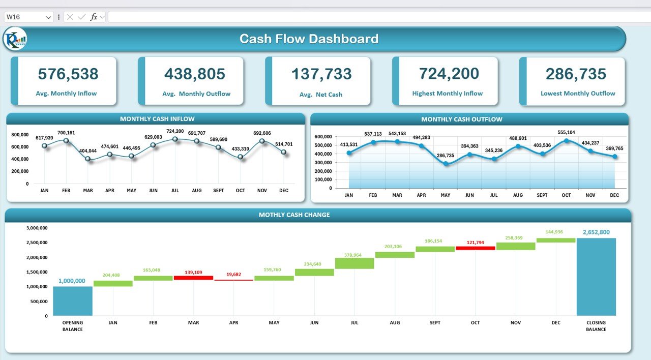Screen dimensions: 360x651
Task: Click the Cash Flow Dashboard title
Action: pos(309,39)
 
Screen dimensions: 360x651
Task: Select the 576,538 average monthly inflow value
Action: pos(68,74)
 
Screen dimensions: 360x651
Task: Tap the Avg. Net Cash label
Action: pos(321,95)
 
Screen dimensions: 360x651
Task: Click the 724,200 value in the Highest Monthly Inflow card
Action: pos(449,74)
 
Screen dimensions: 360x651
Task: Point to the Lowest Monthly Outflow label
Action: pos(578,94)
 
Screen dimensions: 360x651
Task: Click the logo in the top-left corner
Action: pos(15,39)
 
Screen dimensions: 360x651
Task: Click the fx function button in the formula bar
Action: pos(94,17)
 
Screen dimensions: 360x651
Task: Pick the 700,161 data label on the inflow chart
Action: pos(66,133)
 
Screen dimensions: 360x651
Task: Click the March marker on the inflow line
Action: pos(88,159)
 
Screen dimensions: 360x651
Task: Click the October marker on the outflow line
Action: pos(566,141)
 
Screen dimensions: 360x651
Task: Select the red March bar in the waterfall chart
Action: pos(193,278)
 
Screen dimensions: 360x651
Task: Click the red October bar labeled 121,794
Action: pos(475,248)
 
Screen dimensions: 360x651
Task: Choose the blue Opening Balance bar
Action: pos(73,301)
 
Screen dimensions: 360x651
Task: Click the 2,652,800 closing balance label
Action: pos(596,232)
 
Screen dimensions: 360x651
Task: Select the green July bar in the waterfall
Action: pos(354,263)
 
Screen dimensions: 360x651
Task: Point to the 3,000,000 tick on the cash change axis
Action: pos(36,228)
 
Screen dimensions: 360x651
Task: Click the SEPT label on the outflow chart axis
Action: pos(542,195)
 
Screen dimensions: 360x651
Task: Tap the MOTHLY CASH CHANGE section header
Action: pos(294,215)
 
